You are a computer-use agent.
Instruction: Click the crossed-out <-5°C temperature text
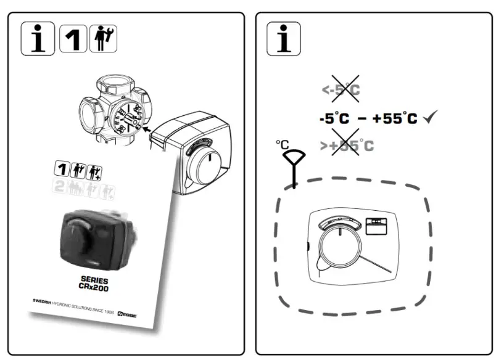pyautogui.click(x=341, y=90)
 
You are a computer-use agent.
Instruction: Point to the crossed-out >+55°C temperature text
pyautogui.click(x=347, y=146)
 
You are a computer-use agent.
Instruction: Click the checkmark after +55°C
pyautogui.click(x=431, y=118)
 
